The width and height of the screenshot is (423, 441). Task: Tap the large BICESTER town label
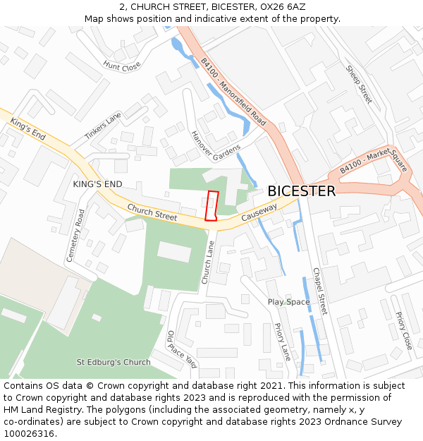click(x=301, y=191)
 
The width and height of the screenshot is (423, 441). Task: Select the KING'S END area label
click(x=97, y=184)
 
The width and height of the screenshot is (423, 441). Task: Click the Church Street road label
click(x=152, y=212)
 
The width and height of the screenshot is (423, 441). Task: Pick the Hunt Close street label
click(x=121, y=66)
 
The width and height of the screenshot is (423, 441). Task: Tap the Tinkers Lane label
click(x=103, y=126)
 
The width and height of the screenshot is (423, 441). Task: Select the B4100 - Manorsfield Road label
click(x=233, y=92)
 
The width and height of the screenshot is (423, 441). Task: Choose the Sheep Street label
click(x=359, y=85)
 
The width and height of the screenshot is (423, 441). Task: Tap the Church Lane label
click(x=208, y=262)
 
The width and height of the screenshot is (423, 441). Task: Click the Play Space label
click(x=288, y=302)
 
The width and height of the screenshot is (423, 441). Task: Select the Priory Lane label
click(x=282, y=342)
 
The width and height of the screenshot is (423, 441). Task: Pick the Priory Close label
click(x=403, y=331)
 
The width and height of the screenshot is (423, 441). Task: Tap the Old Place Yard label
click(x=181, y=349)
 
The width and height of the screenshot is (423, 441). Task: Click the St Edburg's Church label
click(x=114, y=362)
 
